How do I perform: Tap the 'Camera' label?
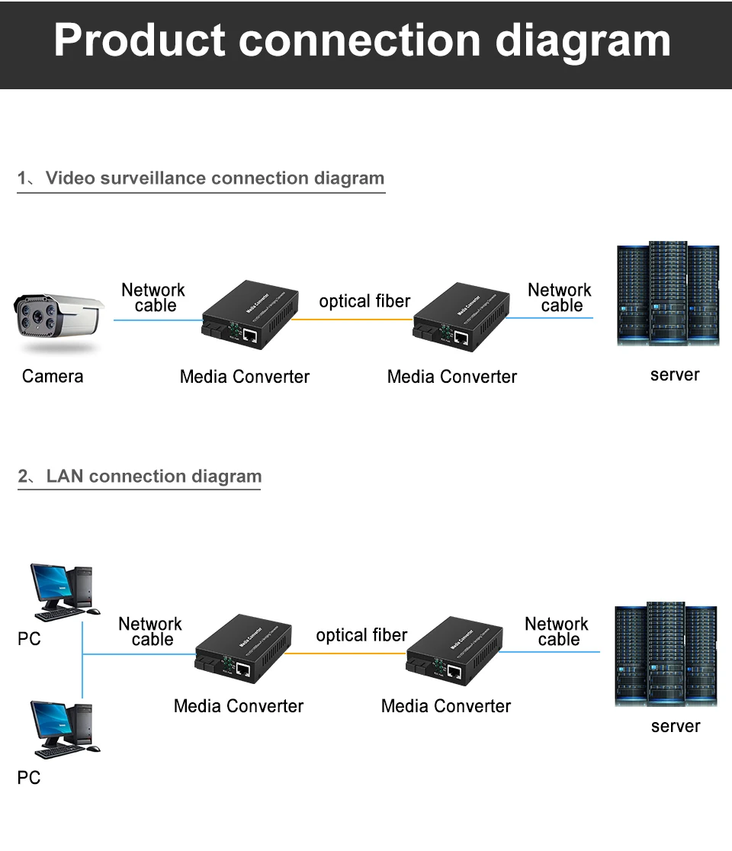[53, 376]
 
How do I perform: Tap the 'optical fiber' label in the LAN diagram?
[361, 635]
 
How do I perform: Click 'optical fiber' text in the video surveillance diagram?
[364, 301]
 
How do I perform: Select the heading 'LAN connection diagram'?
[153, 477]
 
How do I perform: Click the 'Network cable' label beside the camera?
[153, 297]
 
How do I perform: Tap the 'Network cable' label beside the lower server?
[557, 631]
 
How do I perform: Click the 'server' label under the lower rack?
[675, 726]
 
